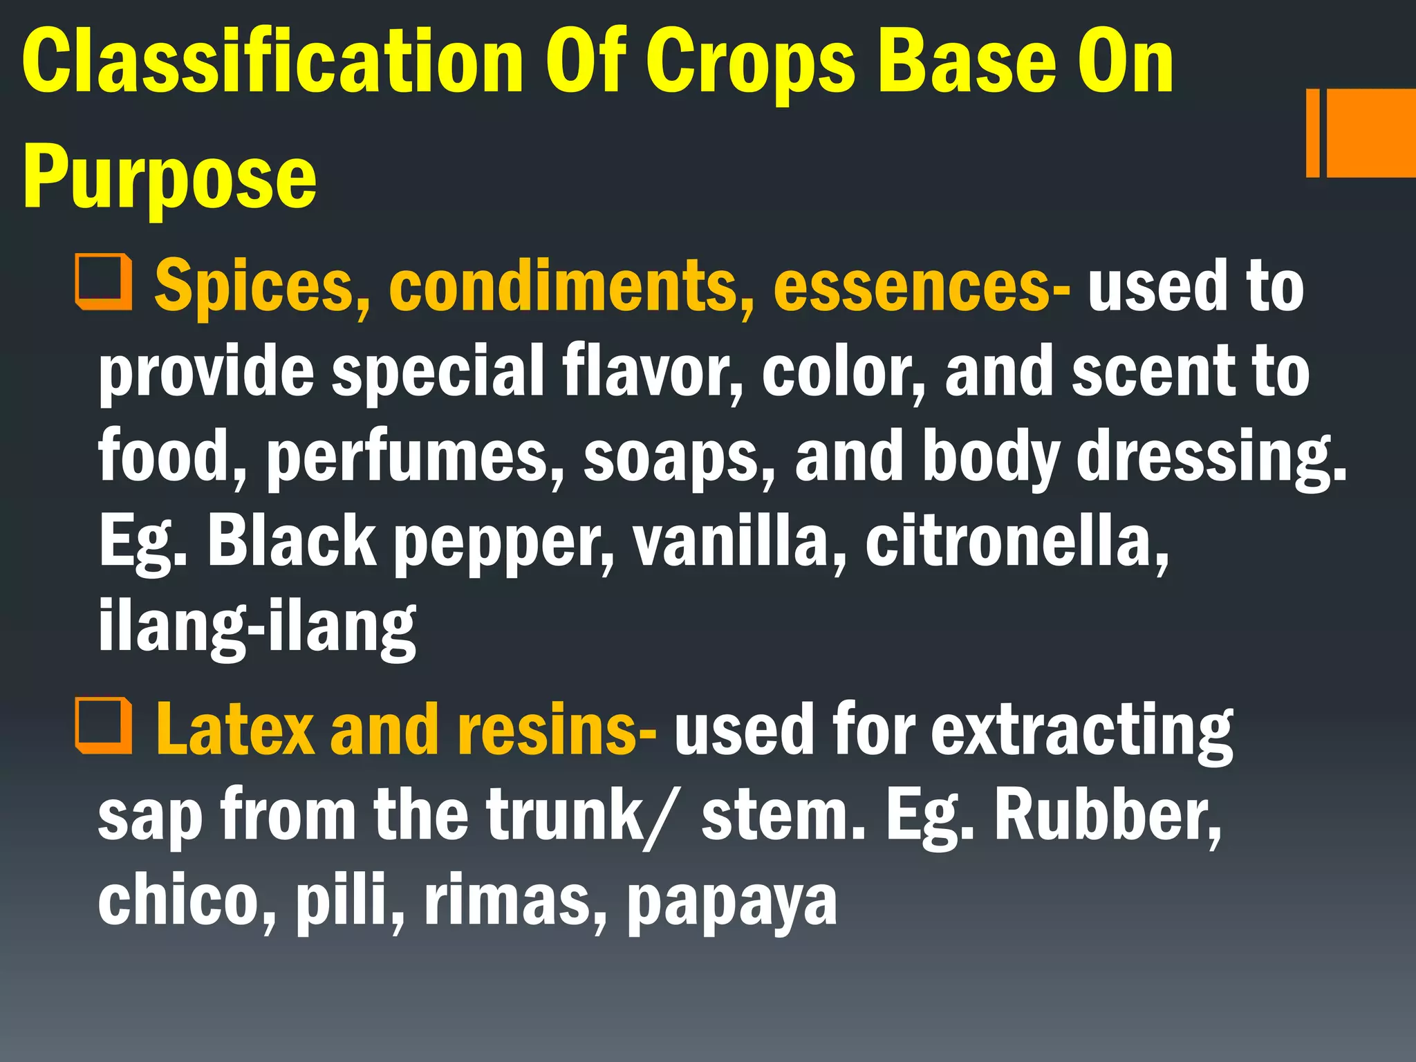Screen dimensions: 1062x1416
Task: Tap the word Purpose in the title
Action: click(x=170, y=178)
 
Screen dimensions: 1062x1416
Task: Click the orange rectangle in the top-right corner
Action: click(x=1369, y=133)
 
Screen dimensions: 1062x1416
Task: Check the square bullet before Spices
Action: click(x=104, y=282)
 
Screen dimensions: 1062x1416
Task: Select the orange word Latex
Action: click(x=235, y=729)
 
